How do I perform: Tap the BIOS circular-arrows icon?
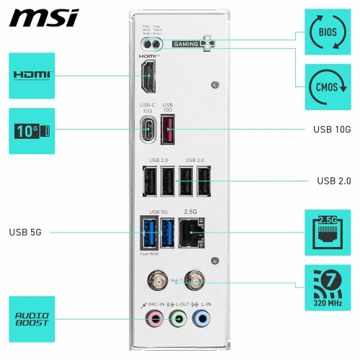pos(327,32)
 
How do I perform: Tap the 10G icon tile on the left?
pos(31,131)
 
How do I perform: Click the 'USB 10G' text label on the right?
pos(332,130)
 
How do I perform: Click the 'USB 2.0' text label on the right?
pos(333,181)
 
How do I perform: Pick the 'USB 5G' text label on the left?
pos(29,232)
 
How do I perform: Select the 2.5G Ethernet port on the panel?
pos(192,232)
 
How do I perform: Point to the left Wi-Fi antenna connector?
pos(155,278)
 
